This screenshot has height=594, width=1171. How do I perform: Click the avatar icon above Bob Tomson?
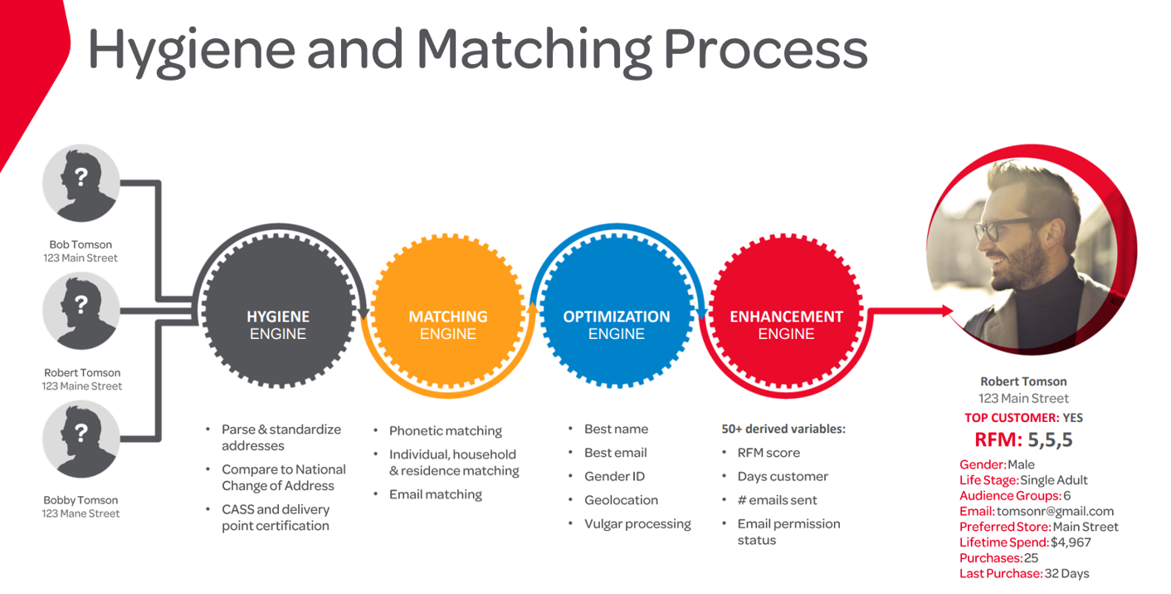click(x=81, y=183)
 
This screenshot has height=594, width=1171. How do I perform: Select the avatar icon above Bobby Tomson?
click(x=81, y=439)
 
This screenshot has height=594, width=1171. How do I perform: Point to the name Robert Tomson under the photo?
click(x=1022, y=381)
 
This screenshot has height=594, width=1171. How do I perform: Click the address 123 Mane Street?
click(x=81, y=513)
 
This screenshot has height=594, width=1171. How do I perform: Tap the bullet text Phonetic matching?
click(x=445, y=430)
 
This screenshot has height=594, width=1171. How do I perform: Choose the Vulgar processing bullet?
click(x=637, y=523)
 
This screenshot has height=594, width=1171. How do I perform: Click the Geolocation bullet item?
click(x=621, y=500)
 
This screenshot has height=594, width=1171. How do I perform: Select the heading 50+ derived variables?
click(x=783, y=430)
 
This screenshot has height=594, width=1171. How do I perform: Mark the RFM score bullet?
click(x=768, y=453)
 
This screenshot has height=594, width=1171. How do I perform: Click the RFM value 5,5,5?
click(x=1049, y=439)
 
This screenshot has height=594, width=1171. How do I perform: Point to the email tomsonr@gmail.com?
click(x=1055, y=511)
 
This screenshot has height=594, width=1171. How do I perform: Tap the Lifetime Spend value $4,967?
click(x=1071, y=542)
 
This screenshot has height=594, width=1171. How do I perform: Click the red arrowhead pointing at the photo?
click(x=947, y=311)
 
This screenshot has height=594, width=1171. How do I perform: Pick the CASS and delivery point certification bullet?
click(x=275, y=518)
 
